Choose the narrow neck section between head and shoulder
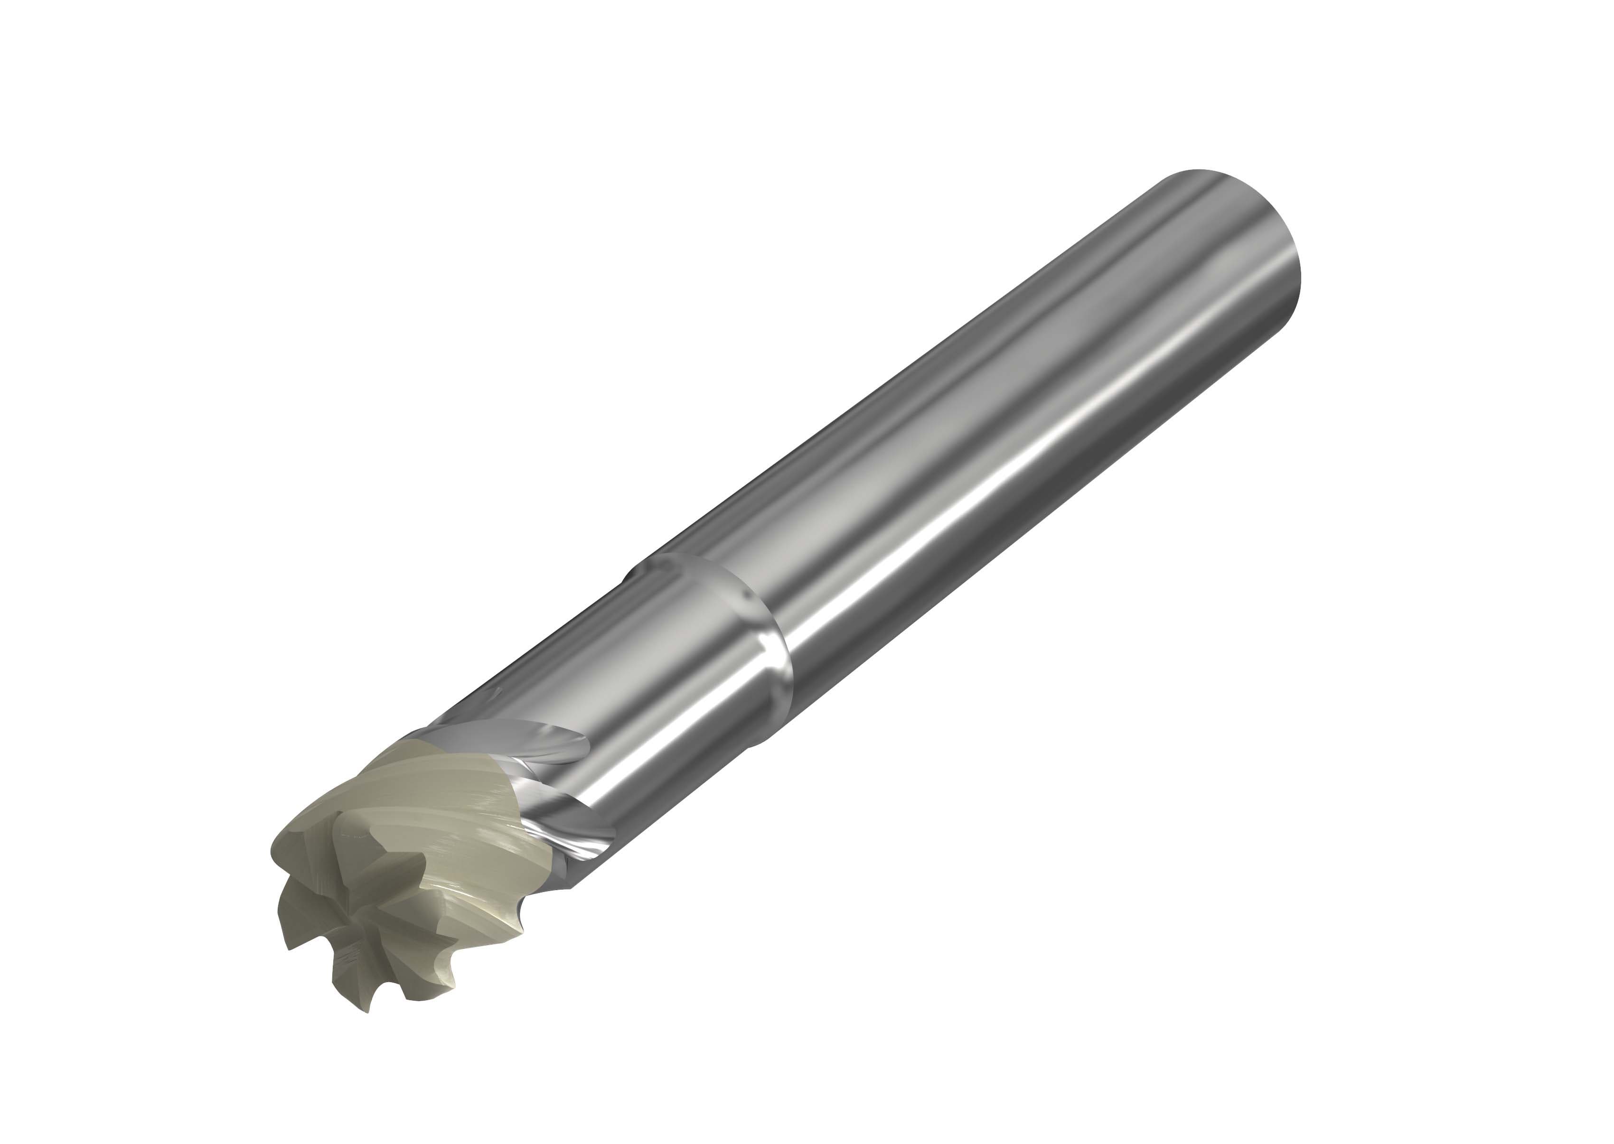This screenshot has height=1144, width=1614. pos(634,669)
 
